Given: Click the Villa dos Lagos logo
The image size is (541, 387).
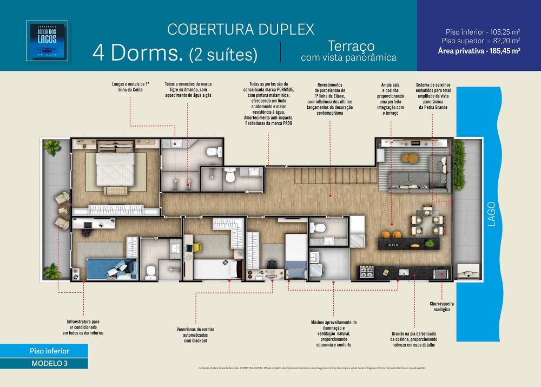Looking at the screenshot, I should [x=47, y=41].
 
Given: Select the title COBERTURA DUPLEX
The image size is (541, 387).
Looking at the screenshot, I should [x=240, y=29].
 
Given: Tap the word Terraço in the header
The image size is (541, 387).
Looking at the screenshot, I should [x=349, y=45].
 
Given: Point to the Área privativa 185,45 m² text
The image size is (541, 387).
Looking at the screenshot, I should [x=479, y=51].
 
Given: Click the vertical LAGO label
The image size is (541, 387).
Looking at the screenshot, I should [x=491, y=214].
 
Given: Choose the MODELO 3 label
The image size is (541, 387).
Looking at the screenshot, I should [x=49, y=363].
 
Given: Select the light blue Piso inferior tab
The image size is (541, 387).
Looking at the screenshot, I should [x=49, y=351].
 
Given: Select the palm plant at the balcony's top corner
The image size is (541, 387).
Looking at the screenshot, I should [x=52, y=146].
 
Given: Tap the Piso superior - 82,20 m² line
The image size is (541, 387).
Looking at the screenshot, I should [x=480, y=41].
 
